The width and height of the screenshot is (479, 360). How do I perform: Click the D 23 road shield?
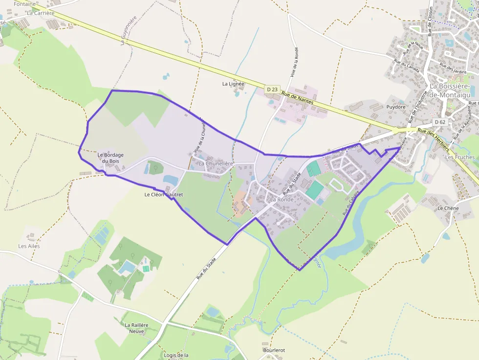(x=273, y=89)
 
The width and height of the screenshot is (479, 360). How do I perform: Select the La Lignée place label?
(x=233, y=84)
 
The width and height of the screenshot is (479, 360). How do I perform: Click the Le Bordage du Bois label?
(x=110, y=158)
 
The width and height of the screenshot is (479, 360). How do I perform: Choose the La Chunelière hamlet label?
(x=216, y=164)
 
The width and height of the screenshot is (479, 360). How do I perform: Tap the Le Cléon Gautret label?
(x=163, y=194)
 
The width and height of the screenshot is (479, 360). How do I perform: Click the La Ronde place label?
(x=282, y=200)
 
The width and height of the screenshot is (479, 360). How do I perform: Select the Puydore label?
(x=396, y=106)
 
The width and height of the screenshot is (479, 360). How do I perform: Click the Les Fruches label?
(x=460, y=157)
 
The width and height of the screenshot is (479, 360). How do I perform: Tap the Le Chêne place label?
(x=447, y=208)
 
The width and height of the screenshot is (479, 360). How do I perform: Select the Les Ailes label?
(x=29, y=246)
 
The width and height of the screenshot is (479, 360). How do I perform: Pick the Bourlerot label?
(x=274, y=350)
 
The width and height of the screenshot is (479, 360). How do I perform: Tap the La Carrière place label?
(x=41, y=13)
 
